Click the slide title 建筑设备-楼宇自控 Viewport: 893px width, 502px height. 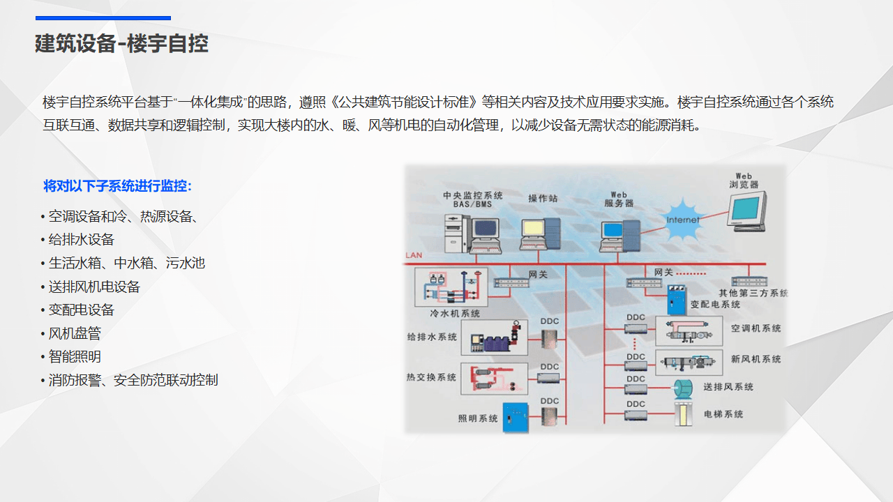(122, 44)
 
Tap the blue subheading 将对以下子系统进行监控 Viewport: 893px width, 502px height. (117, 186)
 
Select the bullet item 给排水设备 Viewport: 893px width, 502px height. (81, 239)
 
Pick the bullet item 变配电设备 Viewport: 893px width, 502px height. (81, 310)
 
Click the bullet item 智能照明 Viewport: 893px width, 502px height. (75, 356)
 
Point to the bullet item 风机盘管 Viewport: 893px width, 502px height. (75, 333)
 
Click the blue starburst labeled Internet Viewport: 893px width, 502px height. (682, 219)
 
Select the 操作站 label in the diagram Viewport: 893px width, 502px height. (543, 199)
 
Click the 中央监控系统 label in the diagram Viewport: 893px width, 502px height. (473, 195)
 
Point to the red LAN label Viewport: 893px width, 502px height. (414, 255)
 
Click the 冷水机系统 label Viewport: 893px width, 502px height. (455, 314)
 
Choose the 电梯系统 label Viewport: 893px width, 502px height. (723, 414)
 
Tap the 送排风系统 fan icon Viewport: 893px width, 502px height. (682, 388)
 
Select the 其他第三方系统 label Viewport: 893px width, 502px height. (753, 294)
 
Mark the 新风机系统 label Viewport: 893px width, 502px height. (756, 359)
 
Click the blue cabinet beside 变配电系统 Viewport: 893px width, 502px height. (676, 301)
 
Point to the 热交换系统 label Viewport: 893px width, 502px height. (431, 377)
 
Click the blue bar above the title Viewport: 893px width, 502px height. (103, 18)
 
